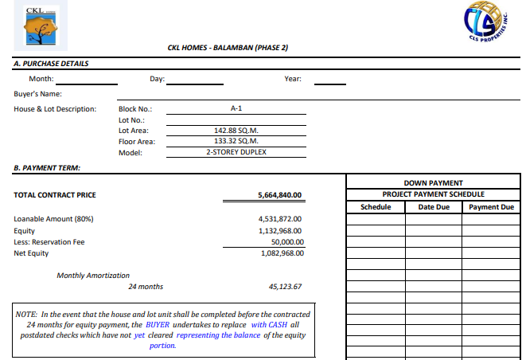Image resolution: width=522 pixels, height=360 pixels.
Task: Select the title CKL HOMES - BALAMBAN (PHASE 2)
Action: click(228, 48)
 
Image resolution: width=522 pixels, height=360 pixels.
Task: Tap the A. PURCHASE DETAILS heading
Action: click(52, 64)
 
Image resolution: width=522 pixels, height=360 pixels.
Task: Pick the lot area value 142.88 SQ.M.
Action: click(236, 130)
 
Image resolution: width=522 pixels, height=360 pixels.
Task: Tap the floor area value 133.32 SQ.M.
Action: click(236, 141)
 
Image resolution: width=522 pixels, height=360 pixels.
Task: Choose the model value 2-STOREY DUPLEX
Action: click(236, 152)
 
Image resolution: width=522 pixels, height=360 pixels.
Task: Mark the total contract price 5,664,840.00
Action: click(281, 195)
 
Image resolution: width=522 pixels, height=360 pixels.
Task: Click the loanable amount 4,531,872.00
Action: click(280, 218)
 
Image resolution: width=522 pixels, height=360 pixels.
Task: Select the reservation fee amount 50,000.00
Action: click(287, 241)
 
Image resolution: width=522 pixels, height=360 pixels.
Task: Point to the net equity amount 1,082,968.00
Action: click(282, 253)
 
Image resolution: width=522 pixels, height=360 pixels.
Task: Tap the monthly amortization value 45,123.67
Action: click(286, 287)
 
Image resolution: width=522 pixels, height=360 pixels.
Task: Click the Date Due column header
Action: click(434, 207)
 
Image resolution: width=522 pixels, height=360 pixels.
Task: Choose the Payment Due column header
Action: click(490, 207)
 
